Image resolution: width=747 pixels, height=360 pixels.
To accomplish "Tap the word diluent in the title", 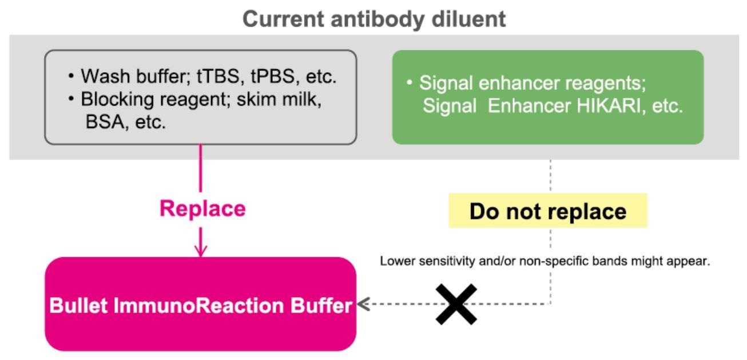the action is click(x=469, y=19).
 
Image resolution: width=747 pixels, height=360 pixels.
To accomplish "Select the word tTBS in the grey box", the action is click(x=218, y=76).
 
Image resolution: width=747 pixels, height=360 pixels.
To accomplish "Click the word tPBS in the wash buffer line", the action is click(x=273, y=76).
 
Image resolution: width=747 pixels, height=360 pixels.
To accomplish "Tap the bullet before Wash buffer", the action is click(x=71, y=76).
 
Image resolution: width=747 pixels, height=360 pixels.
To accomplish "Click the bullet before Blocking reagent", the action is click(x=71, y=99).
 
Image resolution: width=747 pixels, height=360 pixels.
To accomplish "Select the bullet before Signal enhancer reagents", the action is click(x=410, y=82).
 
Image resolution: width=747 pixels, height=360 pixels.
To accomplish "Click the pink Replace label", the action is click(x=202, y=209).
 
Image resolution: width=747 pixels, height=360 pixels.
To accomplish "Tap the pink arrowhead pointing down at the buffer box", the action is click(x=200, y=251).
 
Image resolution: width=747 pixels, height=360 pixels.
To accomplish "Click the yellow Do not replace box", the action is click(x=548, y=211).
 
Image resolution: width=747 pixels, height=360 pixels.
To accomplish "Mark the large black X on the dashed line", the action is click(x=456, y=304).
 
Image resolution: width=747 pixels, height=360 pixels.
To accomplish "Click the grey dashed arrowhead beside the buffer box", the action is click(x=363, y=304).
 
